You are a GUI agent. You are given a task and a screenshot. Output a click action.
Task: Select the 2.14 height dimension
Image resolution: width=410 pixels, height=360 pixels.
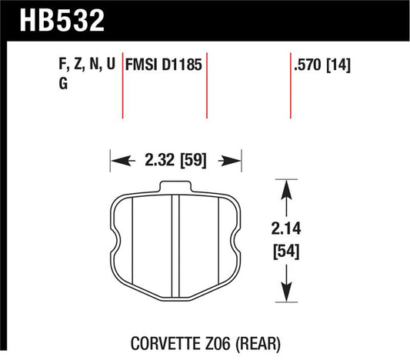[x=286, y=228]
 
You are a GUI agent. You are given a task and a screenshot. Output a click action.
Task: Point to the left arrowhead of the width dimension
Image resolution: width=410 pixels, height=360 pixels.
[x=116, y=162]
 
